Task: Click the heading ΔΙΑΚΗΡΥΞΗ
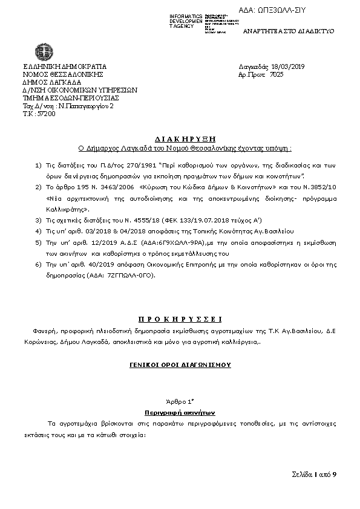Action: tap(180, 138)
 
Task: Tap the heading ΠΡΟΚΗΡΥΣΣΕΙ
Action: tap(180, 319)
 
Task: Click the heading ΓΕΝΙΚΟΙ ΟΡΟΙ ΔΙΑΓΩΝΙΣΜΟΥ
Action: tap(180, 365)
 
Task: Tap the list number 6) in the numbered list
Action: tap(38, 265)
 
